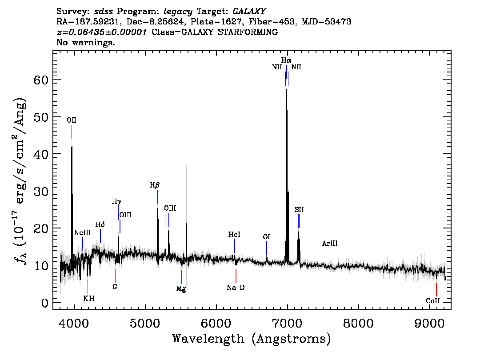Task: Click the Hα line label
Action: click(286, 60)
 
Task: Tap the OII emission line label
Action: click(72, 120)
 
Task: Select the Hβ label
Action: click(155, 185)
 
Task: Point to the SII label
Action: click(299, 210)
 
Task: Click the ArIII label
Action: click(330, 243)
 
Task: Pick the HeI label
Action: click(234, 235)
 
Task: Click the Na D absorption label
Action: click(236, 288)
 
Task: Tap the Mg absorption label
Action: click(181, 289)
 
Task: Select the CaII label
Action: click(432, 301)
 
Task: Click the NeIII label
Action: click(82, 233)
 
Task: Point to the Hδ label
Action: click(100, 224)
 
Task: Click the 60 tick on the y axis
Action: click(41, 80)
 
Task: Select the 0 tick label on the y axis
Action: click(45, 303)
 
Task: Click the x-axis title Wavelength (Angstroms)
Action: click(252, 339)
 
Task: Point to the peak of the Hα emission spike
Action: click(286, 89)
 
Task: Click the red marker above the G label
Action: click(115, 276)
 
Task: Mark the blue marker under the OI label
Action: click(267, 248)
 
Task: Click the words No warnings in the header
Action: click(85, 42)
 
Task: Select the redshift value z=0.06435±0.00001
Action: click(102, 32)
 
